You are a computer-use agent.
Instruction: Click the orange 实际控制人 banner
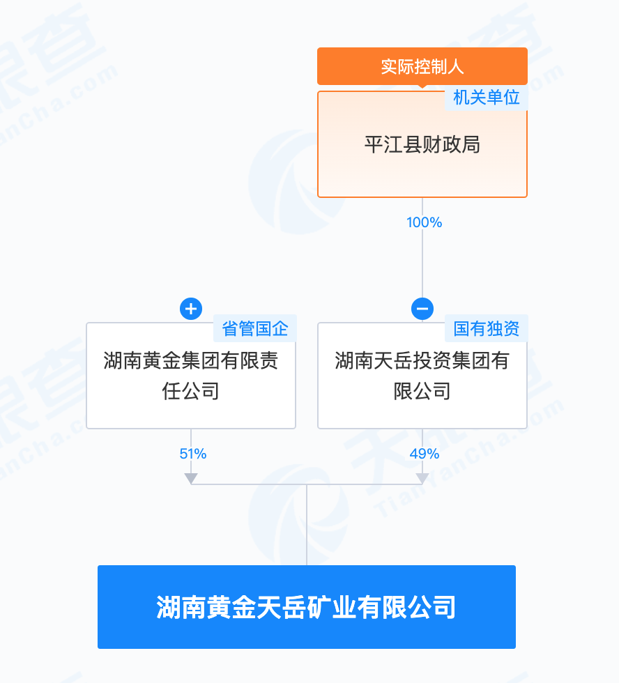[422, 66]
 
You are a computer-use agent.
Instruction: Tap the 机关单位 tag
[486, 98]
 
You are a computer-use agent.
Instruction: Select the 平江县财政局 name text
[422, 145]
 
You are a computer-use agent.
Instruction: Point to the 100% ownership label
[424, 222]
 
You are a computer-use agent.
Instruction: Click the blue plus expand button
[191, 309]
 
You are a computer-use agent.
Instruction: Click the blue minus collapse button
[422, 309]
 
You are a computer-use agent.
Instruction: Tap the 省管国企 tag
[255, 328]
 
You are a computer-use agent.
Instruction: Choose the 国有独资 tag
[486, 328]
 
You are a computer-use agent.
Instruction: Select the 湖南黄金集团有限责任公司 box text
[191, 376]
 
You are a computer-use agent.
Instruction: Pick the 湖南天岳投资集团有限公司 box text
[422, 376]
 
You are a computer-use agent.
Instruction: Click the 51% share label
[193, 454]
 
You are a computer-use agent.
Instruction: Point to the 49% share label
[425, 454]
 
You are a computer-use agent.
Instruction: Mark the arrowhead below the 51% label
[191, 478]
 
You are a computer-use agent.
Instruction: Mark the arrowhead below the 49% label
[422, 478]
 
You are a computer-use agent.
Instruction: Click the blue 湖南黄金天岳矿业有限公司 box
[307, 607]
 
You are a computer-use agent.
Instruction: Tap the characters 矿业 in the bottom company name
[332, 607]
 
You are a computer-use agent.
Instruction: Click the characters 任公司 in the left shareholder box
[191, 391]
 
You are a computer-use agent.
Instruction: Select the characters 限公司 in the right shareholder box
[422, 391]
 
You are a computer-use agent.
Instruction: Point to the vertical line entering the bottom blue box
[307, 525]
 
